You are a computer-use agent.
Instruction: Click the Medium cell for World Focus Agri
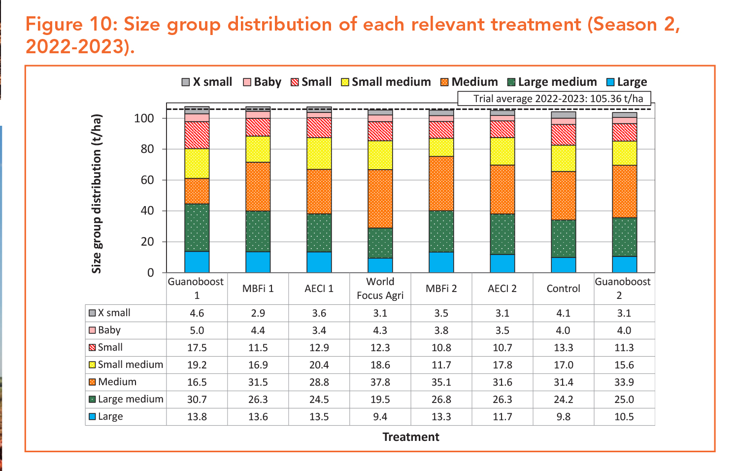[380, 382]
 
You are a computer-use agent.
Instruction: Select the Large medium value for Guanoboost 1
[197, 399]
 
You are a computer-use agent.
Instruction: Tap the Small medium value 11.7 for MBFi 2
[441, 365]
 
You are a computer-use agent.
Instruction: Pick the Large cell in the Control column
[563, 417]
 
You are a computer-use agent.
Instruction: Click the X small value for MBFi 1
[258, 313]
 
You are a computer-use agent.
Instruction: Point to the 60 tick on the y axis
[147, 180]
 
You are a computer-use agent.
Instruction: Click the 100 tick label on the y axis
[144, 118]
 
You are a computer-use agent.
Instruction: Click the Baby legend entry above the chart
[262, 82]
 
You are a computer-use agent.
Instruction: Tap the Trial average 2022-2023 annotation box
[554, 99]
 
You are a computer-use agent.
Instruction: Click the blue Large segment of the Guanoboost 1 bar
[197, 262]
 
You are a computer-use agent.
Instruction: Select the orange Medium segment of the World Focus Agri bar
[380, 199]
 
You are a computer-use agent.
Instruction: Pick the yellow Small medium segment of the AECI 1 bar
[319, 153]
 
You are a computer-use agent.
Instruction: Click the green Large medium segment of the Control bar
[563, 239]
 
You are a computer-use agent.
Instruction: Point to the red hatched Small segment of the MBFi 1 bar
[258, 127]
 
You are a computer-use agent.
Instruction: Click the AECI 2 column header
[502, 289]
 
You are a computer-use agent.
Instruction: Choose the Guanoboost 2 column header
[623, 289]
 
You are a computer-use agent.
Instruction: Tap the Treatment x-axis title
[410, 437]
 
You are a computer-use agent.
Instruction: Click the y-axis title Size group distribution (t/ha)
[97, 194]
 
